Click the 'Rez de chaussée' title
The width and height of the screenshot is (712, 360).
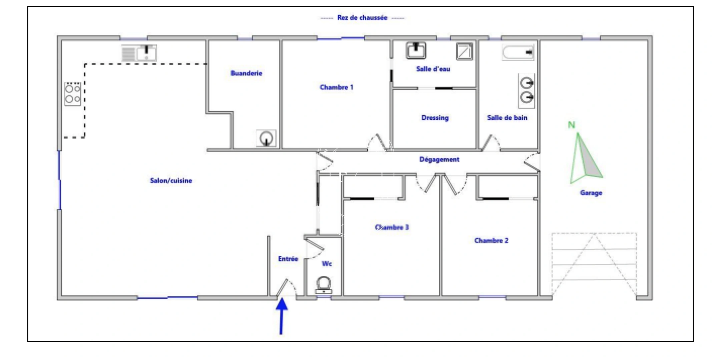point(362,18)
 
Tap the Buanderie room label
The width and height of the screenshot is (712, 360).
point(246,73)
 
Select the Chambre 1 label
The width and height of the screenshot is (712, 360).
point(336,87)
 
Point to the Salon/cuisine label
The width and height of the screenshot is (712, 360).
point(171,181)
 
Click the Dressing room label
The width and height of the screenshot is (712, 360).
point(435,118)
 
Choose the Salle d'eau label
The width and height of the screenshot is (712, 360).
point(433,69)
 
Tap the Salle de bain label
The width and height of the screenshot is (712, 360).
point(507,118)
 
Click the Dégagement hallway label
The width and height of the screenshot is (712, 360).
point(439,159)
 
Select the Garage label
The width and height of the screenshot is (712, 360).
point(591,193)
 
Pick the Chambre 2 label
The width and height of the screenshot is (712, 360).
point(491,240)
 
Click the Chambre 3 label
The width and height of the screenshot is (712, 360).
point(392,227)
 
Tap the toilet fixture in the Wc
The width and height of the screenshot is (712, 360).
point(323,285)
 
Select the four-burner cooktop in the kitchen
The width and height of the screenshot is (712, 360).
point(72,94)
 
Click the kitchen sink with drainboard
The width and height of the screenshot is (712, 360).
point(139,53)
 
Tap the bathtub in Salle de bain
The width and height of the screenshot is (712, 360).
point(518,53)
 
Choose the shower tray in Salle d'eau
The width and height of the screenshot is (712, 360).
point(464,51)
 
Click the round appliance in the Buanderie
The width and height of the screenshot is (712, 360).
point(266,138)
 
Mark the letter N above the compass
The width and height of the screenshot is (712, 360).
point(572,125)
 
